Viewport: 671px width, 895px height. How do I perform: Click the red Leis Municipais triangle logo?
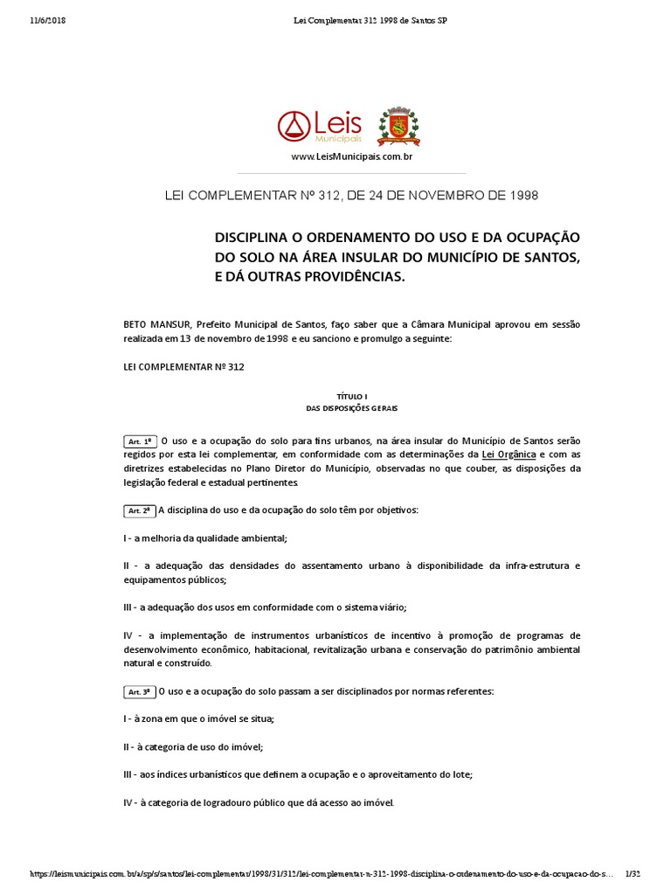point(293,127)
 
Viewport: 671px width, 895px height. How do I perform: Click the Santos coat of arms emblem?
point(398,127)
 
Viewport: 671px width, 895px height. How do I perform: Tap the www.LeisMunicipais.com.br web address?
point(351,156)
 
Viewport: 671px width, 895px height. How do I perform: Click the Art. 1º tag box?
point(140,441)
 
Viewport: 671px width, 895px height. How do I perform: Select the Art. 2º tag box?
point(140,510)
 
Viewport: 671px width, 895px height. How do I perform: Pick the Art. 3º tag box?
point(140,691)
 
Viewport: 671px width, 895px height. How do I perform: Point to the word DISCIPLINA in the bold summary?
point(259,238)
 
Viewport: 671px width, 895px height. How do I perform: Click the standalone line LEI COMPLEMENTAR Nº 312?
point(183,367)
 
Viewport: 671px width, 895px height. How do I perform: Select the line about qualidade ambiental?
point(205,538)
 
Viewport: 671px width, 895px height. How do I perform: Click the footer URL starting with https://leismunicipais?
point(315,874)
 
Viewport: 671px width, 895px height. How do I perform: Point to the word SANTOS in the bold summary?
point(550,258)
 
